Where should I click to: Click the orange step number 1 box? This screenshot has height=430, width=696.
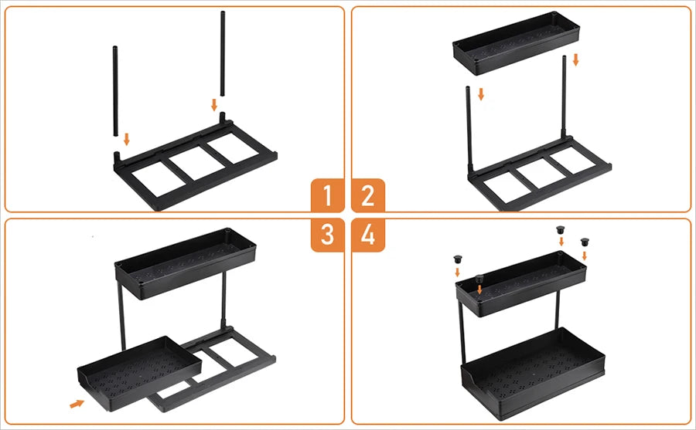pos(327,195)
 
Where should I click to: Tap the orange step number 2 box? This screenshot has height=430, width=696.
pos(368,195)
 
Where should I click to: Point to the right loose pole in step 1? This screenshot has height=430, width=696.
pos(223,54)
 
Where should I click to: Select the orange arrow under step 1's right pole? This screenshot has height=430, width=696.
pos(214,104)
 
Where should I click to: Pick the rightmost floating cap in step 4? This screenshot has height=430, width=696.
pos(585,242)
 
